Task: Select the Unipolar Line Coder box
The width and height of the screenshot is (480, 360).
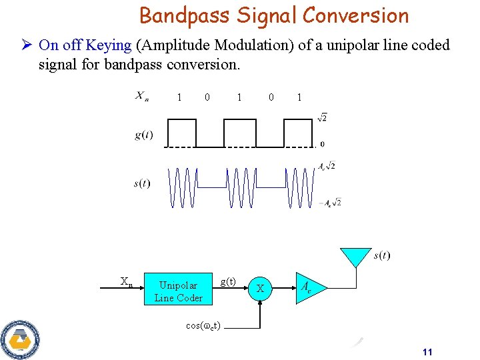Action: [179, 291]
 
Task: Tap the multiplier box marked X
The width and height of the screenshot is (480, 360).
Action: [261, 289]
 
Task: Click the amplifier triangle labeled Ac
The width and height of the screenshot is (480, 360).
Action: [305, 289]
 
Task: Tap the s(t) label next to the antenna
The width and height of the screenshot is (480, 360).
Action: [382, 255]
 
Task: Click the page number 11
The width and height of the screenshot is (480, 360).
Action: [428, 352]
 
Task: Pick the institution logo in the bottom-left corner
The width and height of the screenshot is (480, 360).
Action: [20, 339]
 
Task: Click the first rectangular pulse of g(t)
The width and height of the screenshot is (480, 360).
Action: [181, 133]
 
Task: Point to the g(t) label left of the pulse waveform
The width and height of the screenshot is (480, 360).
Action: [143, 135]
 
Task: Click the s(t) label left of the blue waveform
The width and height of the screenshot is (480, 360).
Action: [141, 183]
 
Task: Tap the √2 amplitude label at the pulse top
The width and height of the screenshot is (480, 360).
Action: [322, 118]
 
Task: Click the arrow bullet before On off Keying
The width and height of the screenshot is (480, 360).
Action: [25, 45]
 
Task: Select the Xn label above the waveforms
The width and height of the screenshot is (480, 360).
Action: [142, 97]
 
